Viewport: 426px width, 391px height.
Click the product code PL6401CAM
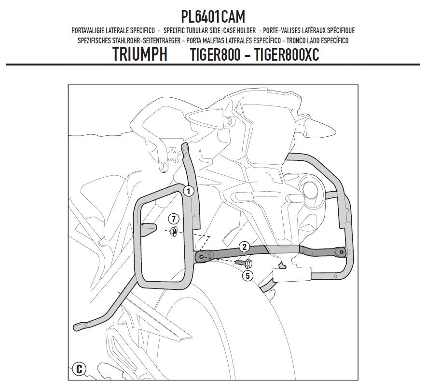click(x=213, y=16)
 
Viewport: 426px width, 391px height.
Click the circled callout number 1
click(x=188, y=192)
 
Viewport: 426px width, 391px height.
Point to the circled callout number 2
click(x=244, y=247)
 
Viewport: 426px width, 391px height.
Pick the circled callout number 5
click(x=247, y=276)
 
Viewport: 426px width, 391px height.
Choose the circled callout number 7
click(x=174, y=219)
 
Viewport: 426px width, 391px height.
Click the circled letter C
click(x=79, y=369)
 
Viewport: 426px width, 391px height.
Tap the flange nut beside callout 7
click(x=173, y=231)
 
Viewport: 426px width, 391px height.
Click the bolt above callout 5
click(x=244, y=263)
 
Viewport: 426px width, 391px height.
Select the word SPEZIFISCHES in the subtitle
click(x=94, y=40)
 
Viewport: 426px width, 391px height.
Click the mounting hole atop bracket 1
click(x=184, y=148)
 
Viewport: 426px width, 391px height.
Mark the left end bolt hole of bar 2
click(x=201, y=256)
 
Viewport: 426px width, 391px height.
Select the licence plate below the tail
click(x=292, y=274)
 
